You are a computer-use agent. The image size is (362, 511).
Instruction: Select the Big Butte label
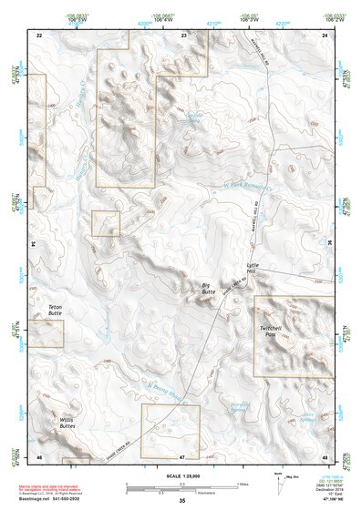(x=208, y=289)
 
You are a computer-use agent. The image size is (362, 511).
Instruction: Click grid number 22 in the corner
(x=39, y=34)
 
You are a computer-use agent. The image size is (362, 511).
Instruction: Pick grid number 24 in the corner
(x=326, y=34)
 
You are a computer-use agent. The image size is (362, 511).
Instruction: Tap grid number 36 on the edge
(x=328, y=244)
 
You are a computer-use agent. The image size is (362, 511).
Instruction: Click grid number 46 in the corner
(x=39, y=455)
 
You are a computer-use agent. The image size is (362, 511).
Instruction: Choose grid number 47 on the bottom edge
(x=182, y=455)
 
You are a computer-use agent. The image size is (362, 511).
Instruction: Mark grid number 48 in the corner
(x=326, y=455)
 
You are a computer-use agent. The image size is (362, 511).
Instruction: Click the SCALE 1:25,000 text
(x=181, y=475)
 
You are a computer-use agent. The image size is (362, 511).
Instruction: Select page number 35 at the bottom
(x=181, y=502)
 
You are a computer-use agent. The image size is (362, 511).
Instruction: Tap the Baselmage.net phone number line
(x=55, y=500)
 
